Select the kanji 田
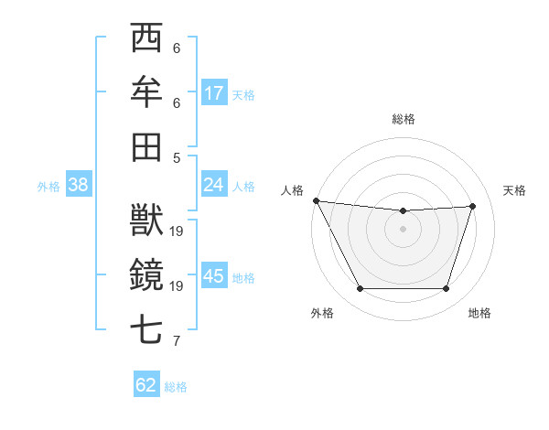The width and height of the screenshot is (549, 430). pos(146,145)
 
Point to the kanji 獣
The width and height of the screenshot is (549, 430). pos(146,220)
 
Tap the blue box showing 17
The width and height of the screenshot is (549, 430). pos(214,92)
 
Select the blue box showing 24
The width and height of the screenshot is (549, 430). pos(214,185)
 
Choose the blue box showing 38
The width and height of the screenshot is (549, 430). pos(78,185)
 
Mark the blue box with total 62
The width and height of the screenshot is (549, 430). pos(146,385)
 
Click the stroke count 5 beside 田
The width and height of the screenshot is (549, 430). pos(177,157)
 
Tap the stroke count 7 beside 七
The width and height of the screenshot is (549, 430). pos(177,341)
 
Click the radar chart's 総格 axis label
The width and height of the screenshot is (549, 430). pos(404,119)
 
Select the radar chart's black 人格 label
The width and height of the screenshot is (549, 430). pos(293,189)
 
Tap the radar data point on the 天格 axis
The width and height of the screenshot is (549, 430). pos(472,206)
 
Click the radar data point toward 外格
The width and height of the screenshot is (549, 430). pos(361,289)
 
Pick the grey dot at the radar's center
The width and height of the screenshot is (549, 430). pos(403,229)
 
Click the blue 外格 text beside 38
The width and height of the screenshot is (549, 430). pos(48,186)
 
